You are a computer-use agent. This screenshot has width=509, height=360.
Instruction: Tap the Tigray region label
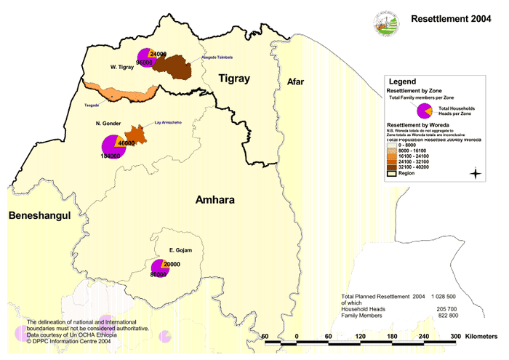tap(233, 78)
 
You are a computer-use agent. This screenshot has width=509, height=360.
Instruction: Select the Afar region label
tap(294, 81)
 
